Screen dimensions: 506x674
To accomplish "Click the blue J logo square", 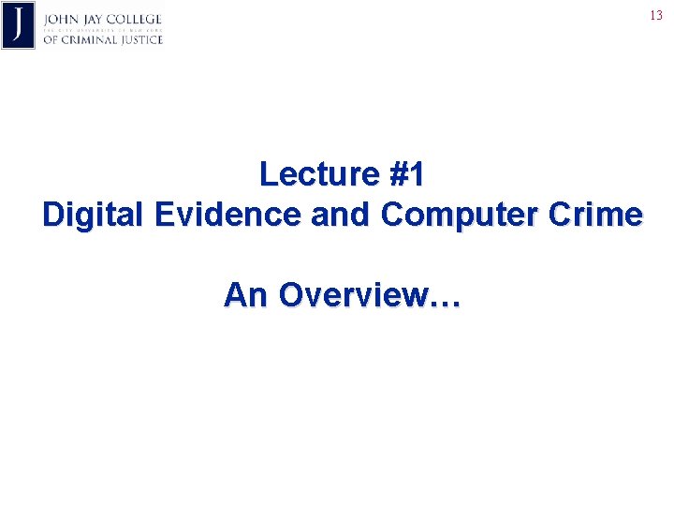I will tap(19, 25).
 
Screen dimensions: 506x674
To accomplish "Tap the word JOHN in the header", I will tap(61, 20).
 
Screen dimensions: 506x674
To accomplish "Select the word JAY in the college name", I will tap(95, 20).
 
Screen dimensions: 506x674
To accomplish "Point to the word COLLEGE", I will tap(137, 20).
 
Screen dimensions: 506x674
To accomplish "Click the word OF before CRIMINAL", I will tap(51, 39).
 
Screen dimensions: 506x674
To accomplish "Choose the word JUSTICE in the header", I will tap(140, 39).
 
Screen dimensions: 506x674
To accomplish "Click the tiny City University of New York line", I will tap(102, 30).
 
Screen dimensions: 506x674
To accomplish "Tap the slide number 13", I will tap(655, 15).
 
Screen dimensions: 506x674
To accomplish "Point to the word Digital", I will tap(94, 215).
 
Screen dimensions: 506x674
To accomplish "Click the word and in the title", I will tap(342, 215).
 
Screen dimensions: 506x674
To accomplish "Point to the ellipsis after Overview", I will tap(444, 302).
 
